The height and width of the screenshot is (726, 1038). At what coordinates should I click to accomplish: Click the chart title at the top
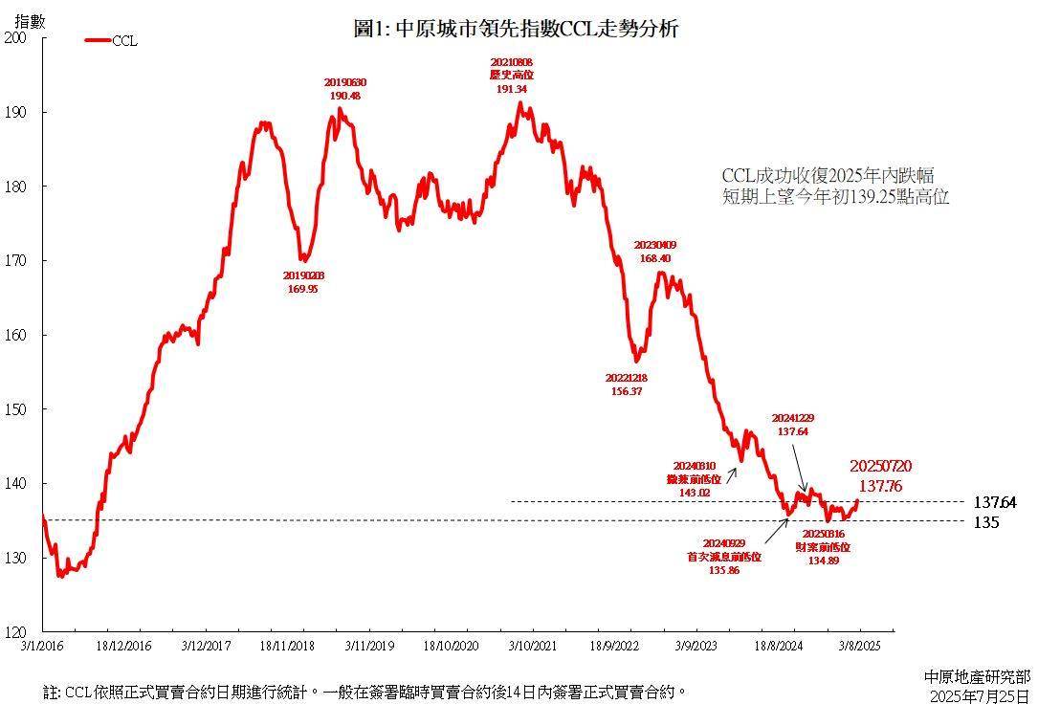[x=516, y=30]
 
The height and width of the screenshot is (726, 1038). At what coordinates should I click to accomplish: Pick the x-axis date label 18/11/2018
[x=287, y=647]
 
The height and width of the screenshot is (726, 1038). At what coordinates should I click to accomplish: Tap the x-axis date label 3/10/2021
[x=533, y=647]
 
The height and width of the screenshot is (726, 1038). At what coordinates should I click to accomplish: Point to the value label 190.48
[x=344, y=96]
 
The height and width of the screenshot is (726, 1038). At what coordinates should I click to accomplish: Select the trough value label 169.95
[x=302, y=289]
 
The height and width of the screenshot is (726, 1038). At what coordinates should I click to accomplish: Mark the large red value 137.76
[x=880, y=485]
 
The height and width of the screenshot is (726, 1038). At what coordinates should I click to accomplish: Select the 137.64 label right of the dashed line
[x=994, y=501]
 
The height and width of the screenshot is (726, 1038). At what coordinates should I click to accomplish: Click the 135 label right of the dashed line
[x=986, y=522]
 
